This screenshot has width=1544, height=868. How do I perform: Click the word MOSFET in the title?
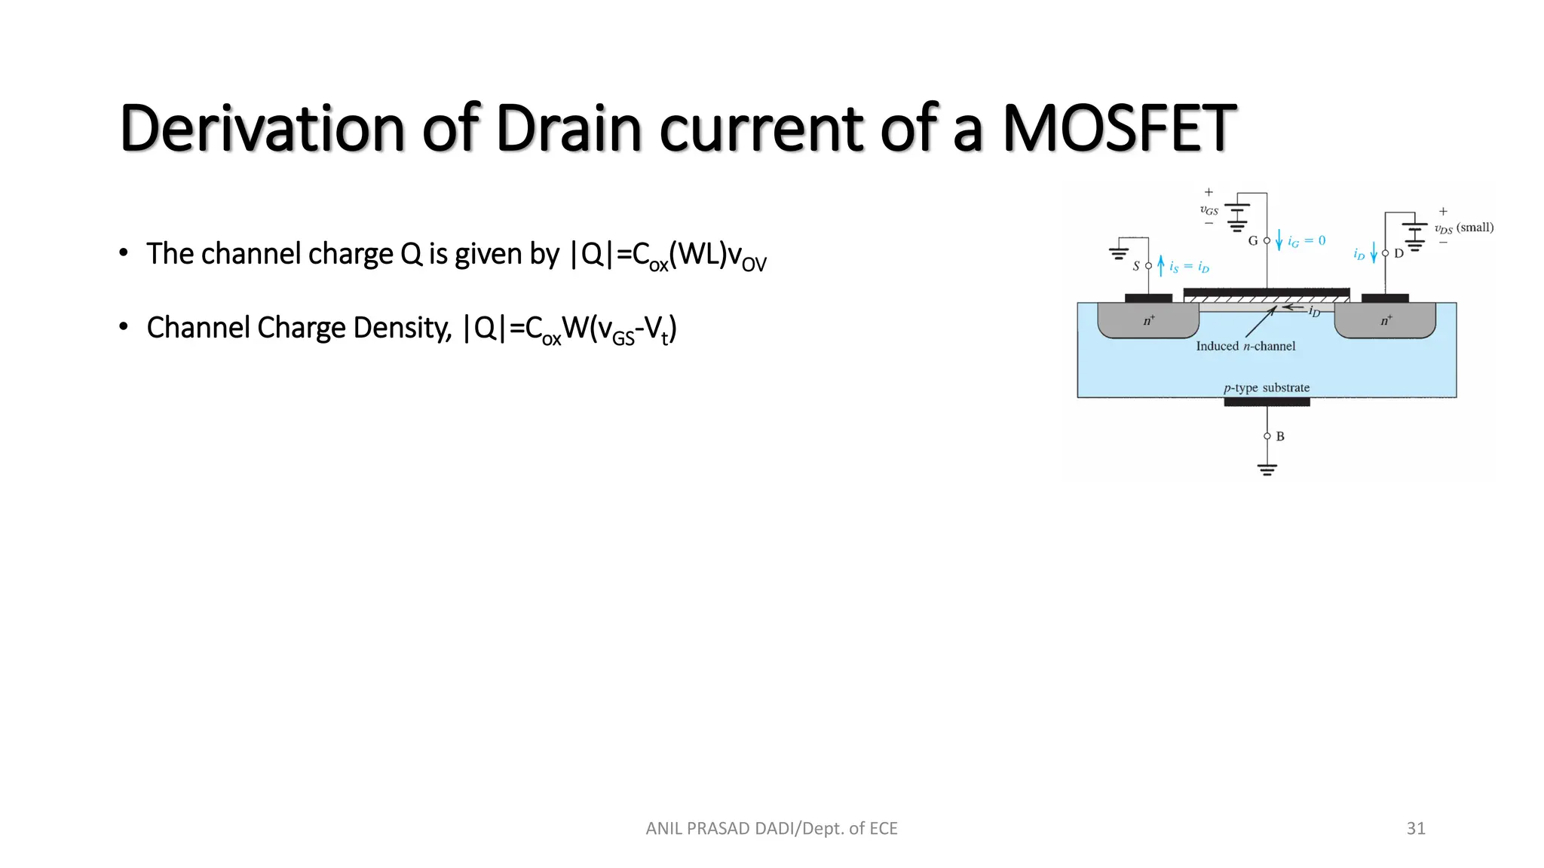[x=1119, y=128]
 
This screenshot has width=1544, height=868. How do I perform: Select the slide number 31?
[x=1415, y=828]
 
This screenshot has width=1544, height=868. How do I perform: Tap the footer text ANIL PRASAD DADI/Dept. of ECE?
[x=771, y=828]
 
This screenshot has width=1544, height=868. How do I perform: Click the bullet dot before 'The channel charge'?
[x=123, y=253]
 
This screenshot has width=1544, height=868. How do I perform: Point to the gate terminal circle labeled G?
[x=1267, y=241]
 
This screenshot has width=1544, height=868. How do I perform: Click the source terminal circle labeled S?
[x=1148, y=266]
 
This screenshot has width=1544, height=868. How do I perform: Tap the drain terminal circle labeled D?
[x=1385, y=253]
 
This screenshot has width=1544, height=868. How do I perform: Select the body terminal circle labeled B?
[x=1267, y=436]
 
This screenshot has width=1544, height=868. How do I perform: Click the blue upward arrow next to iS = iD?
[x=1161, y=265]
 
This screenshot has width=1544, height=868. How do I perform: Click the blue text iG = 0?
[x=1307, y=241]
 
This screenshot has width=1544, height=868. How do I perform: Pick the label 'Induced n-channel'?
[x=1245, y=347]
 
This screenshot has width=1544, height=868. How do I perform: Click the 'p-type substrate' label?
[x=1267, y=388]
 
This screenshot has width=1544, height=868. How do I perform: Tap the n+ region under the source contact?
[x=1148, y=321]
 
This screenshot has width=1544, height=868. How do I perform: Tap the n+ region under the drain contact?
[x=1385, y=321]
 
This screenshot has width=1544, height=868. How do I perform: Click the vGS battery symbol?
[x=1237, y=215]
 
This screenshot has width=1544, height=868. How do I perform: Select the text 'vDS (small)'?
[x=1463, y=228]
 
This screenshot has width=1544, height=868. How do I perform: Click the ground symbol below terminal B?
[x=1267, y=469]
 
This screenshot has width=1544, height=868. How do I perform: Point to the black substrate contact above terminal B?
[x=1267, y=402]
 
